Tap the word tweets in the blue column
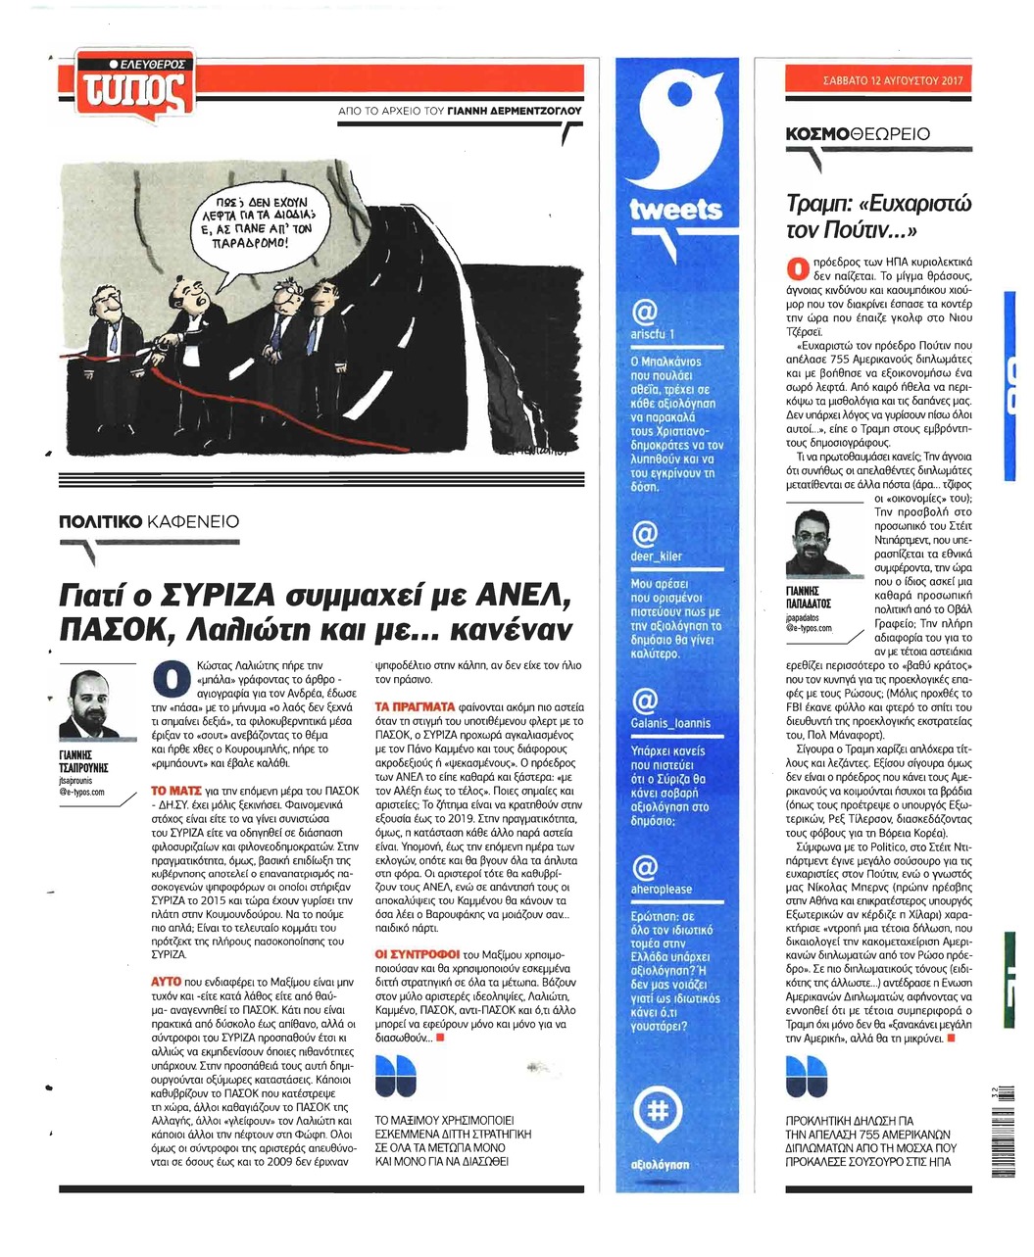(x=676, y=210)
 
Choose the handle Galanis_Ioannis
(x=671, y=723)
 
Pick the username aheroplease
(x=662, y=889)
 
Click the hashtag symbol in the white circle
(x=658, y=1109)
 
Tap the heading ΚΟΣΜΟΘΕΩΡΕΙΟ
(x=857, y=134)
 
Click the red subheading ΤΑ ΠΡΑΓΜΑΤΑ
(x=417, y=705)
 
